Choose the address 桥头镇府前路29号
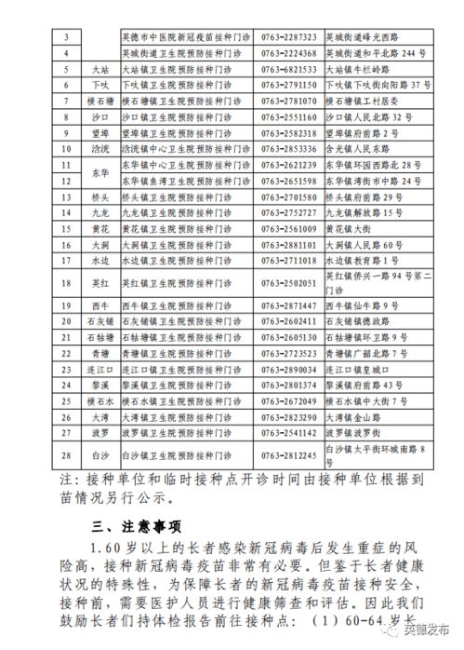pyautogui.click(x=365, y=196)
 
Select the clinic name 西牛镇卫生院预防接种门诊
pyautogui.click(x=186, y=305)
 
